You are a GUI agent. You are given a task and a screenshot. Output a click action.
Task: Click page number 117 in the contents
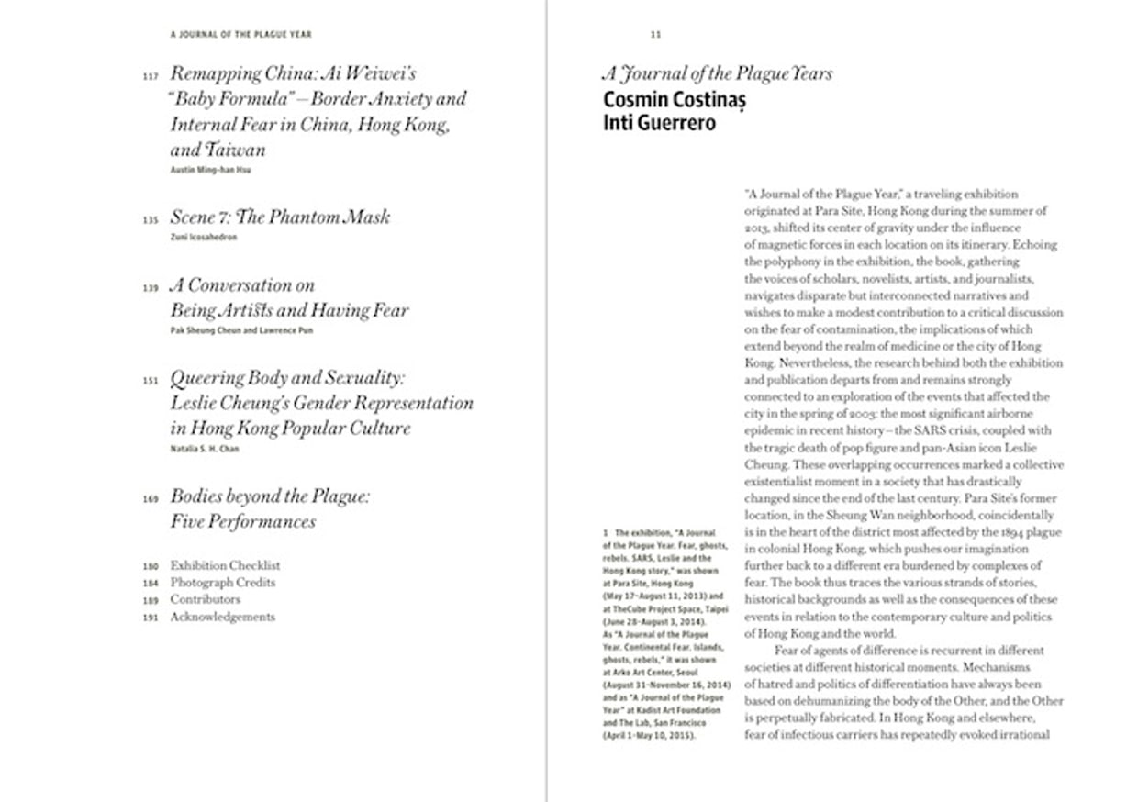pyautogui.click(x=151, y=76)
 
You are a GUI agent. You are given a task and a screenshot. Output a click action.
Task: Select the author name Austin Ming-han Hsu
pyautogui.click(x=210, y=170)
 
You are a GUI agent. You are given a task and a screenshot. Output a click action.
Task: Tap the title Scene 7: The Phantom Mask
pyautogui.click(x=280, y=217)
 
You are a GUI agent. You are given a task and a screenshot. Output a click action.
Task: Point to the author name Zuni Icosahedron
pyautogui.click(x=203, y=237)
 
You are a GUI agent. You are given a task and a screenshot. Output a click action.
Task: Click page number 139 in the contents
pyautogui.click(x=151, y=288)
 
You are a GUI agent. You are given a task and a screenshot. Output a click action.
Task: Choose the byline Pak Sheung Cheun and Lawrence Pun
pyautogui.click(x=240, y=330)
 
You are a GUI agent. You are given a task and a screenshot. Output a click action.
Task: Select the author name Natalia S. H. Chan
pyautogui.click(x=204, y=449)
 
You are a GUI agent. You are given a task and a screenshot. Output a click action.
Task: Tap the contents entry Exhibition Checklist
pyautogui.click(x=225, y=565)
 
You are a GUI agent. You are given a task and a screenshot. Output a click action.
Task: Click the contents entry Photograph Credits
pyautogui.click(x=222, y=583)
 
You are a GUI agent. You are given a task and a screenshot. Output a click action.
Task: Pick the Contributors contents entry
pyautogui.click(x=205, y=599)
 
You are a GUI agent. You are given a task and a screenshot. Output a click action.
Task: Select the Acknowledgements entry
pyautogui.click(x=222, y=617)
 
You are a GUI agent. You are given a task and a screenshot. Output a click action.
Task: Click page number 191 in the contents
pyautogui.click(x=151, y=618)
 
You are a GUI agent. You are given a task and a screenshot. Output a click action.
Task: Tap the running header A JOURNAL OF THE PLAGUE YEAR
pyautogui.click(x=240, y=35)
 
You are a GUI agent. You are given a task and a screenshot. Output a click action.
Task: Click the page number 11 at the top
pyautogui.click(x=655, y=35)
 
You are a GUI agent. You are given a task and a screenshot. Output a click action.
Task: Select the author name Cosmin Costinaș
pyautogui.click(x=675, y=100)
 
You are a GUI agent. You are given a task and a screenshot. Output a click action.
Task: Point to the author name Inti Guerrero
pyautogui.click(x=659, y=122)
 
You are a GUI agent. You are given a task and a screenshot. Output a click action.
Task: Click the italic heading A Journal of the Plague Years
pyautogui.click(x=717, y=74)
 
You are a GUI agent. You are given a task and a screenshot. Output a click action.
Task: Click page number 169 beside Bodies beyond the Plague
pyautogui.click(x=151, y=499)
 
